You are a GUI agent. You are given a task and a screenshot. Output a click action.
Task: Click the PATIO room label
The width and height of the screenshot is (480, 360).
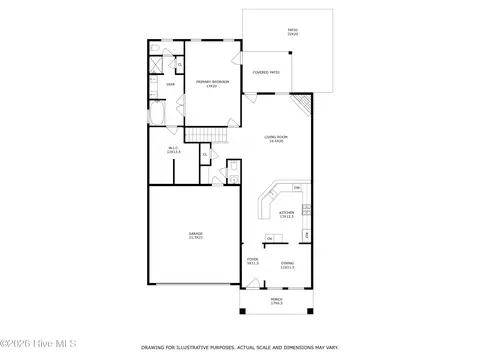[293, 33]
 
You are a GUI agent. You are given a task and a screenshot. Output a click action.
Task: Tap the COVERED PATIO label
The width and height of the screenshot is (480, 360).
[265, 73]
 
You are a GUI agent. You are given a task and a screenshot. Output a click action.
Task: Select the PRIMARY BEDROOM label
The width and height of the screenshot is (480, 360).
[207, 84]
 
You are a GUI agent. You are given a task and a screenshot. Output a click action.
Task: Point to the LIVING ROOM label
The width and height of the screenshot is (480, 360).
[275, 139]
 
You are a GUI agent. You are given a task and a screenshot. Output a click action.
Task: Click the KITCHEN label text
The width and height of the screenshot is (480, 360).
[286, 214]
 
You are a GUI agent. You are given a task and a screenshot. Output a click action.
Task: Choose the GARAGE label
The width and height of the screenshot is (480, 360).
[195, 235]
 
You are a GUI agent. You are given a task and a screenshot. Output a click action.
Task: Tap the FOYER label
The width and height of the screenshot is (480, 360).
[253, 263]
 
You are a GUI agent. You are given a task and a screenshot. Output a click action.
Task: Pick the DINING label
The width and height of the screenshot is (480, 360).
[287, 265]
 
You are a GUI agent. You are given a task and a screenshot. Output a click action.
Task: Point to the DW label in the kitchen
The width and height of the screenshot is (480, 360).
[296, 188]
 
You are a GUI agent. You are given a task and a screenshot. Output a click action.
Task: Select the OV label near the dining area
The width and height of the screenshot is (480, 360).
[270, 239]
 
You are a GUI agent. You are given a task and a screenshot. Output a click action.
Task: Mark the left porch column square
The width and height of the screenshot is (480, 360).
[241, 313]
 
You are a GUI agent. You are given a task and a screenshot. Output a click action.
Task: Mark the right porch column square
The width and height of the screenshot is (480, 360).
[311, 313]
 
